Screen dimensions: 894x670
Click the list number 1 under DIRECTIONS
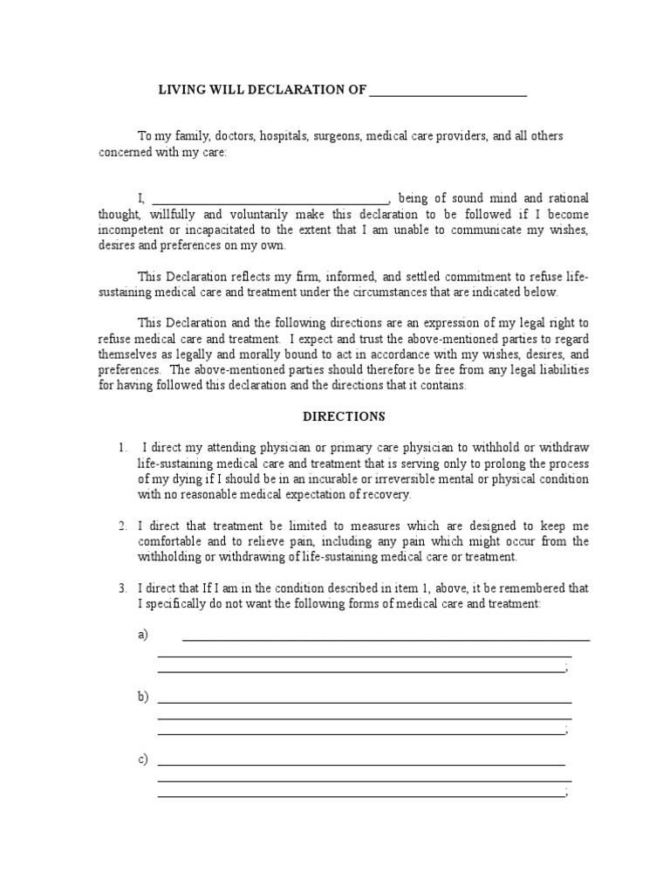[x=122, y=448]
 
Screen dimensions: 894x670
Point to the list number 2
[x=122, y=526]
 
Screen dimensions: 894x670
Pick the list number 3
[x=122, y=588]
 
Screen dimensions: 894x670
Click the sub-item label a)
[x=143, y=635]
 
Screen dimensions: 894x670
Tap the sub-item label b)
[x=143, y=697]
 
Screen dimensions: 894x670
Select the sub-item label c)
[x=143, y=759]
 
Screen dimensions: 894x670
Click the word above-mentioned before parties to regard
[x=436, y=338]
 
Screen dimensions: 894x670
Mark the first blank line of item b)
[x=364, y=701]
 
